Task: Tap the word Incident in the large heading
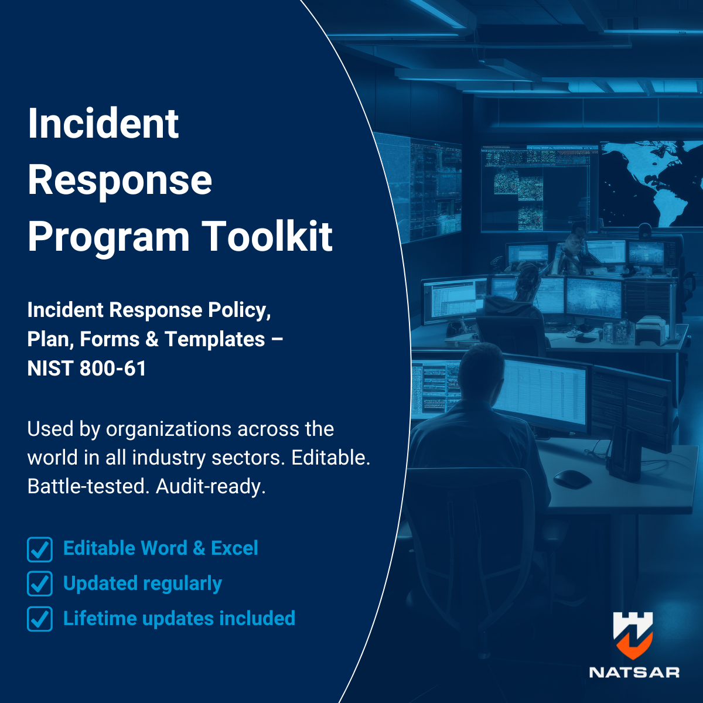(x=103, y=124)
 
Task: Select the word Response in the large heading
(x=120, y=180)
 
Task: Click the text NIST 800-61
(x=87, y=368)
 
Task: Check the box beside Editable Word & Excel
(x=40, y=550)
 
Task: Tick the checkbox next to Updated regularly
(x=40, y=584)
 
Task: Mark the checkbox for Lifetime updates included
(x=40, y=619)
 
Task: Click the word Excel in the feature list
(x=234, y=548)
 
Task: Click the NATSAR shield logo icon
(x=633, y=635)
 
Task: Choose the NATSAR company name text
(x=634, y=673)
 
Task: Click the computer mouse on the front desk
(x=572, y=479)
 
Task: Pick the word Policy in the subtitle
(x=239, y=310)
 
